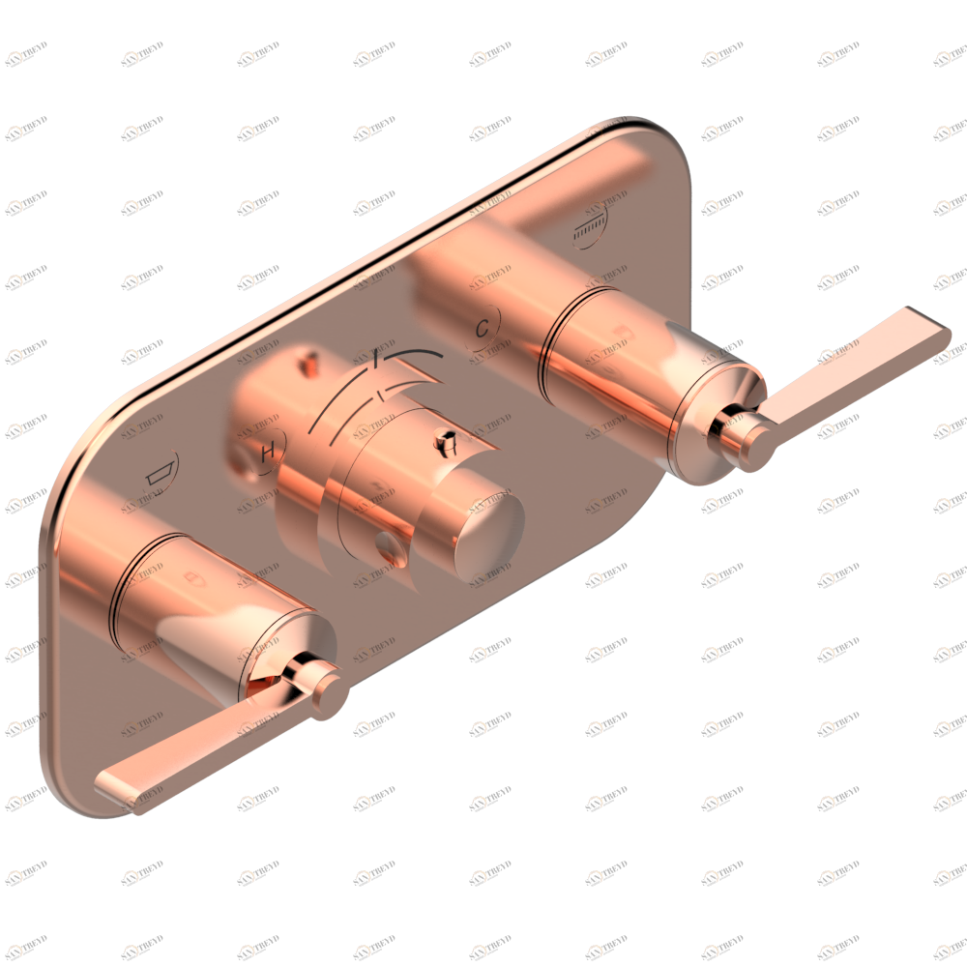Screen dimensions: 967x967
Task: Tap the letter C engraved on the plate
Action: click(x=482, y=328)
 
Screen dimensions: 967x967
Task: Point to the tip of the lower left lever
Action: click(x=111, y=783)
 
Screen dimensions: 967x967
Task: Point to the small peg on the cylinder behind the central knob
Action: click(x=309, y=365)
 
